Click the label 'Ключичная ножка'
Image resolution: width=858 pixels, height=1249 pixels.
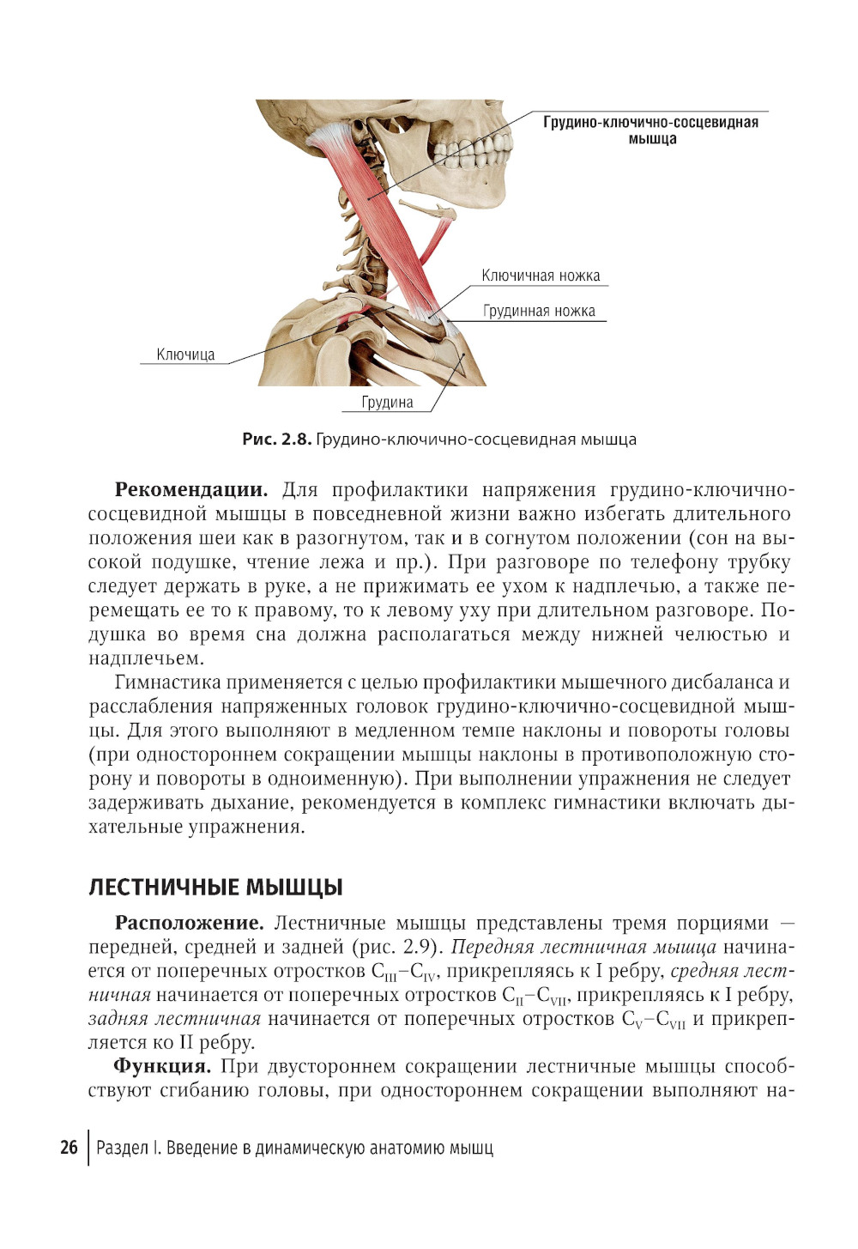click(541, 276)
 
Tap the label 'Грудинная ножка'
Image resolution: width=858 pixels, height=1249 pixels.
click(539, 311)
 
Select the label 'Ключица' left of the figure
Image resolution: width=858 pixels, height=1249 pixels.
click(185, 355)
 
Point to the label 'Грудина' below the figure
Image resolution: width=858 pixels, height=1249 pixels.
click(387, 402)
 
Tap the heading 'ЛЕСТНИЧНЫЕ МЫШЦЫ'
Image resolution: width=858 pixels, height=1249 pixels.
click(215, 887)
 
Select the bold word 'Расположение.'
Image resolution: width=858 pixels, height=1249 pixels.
click(189, 924)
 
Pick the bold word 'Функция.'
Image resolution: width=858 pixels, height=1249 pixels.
click(162, 1067)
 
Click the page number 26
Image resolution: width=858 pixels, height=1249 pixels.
click(69, 1148)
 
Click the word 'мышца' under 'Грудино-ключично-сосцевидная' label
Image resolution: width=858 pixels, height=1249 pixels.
click(652, 139)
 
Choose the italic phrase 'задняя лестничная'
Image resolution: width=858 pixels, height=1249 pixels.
click(174, 1019)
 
